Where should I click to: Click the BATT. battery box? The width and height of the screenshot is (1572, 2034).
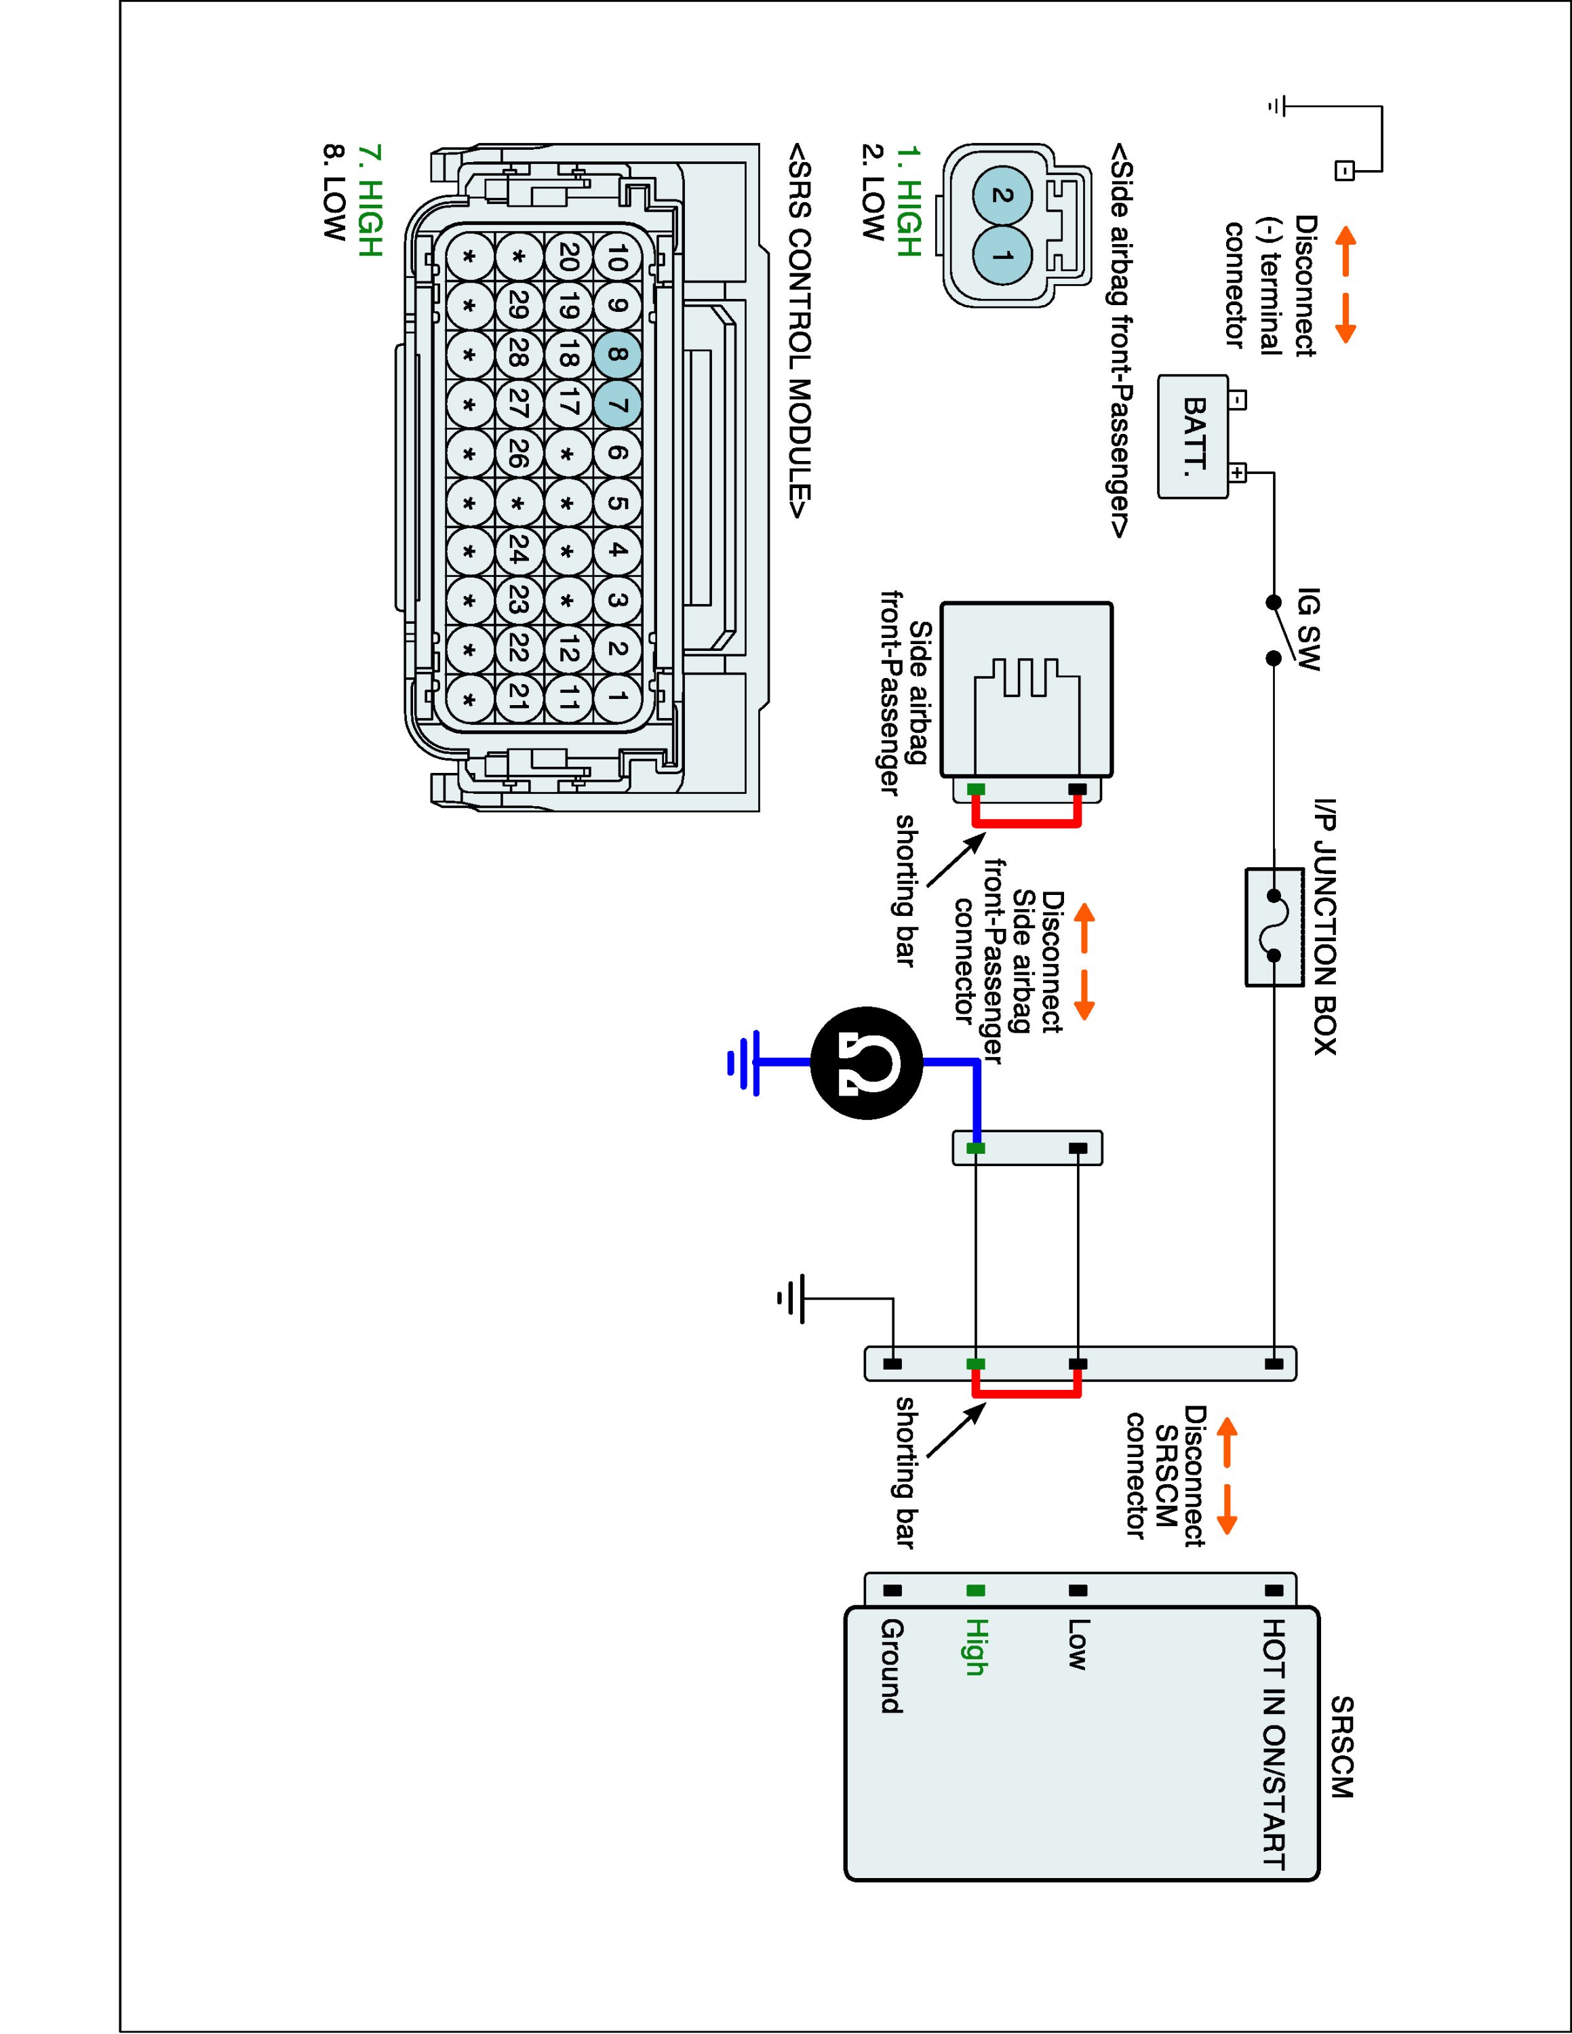[x=1193, y=436]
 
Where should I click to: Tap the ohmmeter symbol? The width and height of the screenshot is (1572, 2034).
[x=866, y=1062]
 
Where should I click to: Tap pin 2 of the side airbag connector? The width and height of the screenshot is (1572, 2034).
[x=1003, y=195]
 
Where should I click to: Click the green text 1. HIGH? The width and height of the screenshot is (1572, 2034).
[x=908, y=200]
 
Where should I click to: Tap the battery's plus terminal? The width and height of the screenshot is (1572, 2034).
[x=1237, y=473]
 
